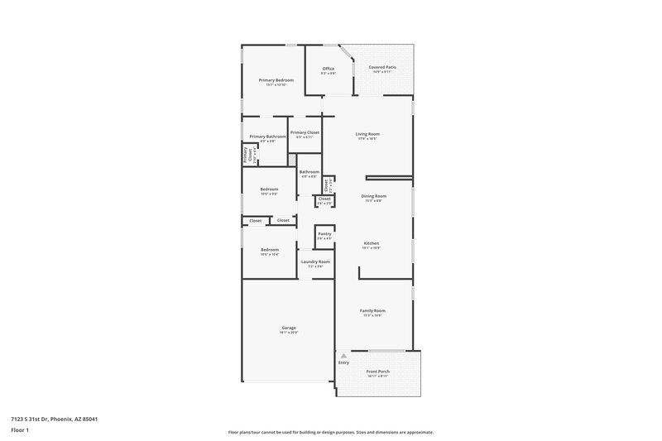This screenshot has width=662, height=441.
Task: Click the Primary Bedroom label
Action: [x=276, y=80]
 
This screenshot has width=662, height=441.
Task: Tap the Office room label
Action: [x=329, y=69]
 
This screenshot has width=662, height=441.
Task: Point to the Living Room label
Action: [x=367, y=133]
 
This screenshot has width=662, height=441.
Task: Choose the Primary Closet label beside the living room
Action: [x=305, y=132]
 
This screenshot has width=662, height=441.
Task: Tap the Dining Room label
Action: [x=374, y=196]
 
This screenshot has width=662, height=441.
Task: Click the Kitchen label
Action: [x=371, y=242]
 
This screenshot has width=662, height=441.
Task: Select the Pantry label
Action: [x=324, y=234]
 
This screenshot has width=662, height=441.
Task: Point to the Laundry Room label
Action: [x=315, y=261]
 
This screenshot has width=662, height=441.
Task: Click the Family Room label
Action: [x=372, y=310]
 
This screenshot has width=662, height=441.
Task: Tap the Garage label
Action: [x=289, y=328]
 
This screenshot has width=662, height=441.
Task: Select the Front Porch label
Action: [x=378, y=371]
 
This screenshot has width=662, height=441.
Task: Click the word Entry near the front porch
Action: [x=344, y=362]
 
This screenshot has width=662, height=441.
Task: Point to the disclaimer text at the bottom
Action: [x=331, y=432]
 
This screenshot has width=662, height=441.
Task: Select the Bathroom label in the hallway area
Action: [x=309, y=171]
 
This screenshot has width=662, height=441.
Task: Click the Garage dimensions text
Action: [x=289, y=333]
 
